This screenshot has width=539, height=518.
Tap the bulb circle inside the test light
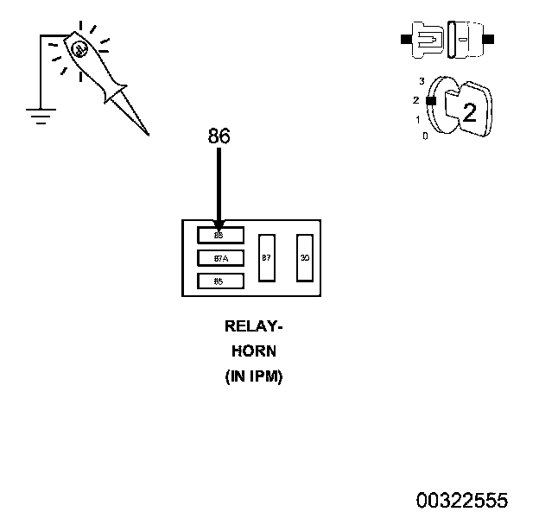pyautogui.click(x=79, y=50)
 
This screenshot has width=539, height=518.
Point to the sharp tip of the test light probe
pyautogui.click(x=147, y=134)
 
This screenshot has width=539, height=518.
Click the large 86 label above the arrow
pyautogui.click(x=219, y=136)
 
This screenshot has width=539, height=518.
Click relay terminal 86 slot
pyautogui.click(x=220, y=235)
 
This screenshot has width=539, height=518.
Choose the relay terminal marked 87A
pyautogui.click(x=220, y=258)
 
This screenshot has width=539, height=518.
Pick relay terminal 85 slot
pyautogui.click(x=220, y=281)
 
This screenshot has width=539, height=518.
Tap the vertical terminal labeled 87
pyautogui.click(x=267, y=257)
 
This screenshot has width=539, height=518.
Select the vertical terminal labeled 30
pyautogui.click(x=304, y=257)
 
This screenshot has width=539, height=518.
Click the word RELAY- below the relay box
pyautogui.click(x=254, y=327)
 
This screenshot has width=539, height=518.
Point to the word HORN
pyautogui.click(x=254, y=351)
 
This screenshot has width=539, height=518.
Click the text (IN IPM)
pyautogui.click(x=254, y=376)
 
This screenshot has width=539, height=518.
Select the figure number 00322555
pyautogui.click(x=462, y=501)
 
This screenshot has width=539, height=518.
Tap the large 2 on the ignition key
pyautogui.click(x=469, y=112)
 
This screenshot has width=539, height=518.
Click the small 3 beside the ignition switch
pyautogui.click(x=422, y=81)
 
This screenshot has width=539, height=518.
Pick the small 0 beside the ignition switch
pyautogui.click(x=424, y=136)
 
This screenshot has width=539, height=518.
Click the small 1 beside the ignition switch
pyautogui.click(x=418, y=120)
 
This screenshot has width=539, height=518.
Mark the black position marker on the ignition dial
pyautogui.click(x=429, y=101)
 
